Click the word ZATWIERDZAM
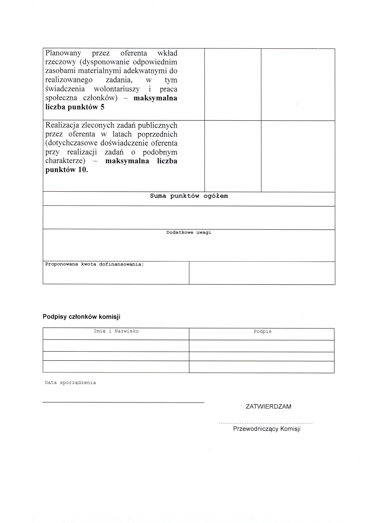(x=268, y=407)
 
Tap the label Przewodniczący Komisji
(x=266, y=429)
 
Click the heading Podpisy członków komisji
(x=81, y=316)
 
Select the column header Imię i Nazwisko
(x=116, y=331)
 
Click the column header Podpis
(x=262, y=331)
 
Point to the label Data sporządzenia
(x=70, y=383)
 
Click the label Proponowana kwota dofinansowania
(x=94, y=264)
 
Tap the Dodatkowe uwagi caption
(x=189, y=232)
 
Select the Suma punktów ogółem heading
(x=189, y=196)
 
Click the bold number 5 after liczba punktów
(x=103, y=107)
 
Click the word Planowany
(x=63, y=53)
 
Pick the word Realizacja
(x=62, y=125)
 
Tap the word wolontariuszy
(x=117, y=89)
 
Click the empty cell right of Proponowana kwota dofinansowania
(x=262, y=273)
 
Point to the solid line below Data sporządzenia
(x=123, y=402)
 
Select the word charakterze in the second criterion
(x=65, y=161)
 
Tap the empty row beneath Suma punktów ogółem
(x=189, y=218)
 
